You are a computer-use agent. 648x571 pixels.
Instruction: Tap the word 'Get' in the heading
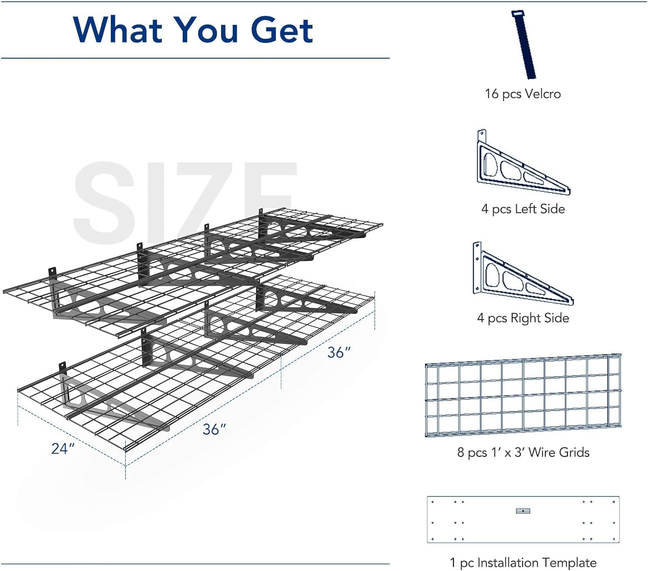[x=282, y=30]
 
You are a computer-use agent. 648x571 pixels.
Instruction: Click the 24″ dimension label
[x=63, y=448]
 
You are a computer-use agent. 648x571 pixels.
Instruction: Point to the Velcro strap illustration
[x=524, y=45]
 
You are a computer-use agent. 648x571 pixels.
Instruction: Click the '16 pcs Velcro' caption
[x=523, y=94]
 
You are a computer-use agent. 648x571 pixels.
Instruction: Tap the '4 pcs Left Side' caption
[x=523, y=209]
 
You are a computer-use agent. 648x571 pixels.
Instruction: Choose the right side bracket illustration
[x=523, y=273]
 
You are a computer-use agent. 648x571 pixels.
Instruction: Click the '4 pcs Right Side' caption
[x=523, y=318]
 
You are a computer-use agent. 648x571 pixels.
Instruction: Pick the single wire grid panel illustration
[x=523, y=395]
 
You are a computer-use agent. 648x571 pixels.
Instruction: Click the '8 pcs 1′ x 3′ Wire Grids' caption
[x=523, y=452]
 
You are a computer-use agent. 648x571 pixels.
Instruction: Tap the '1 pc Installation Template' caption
[x=523, y=562]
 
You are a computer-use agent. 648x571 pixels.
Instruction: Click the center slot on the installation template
[x=523, y=511]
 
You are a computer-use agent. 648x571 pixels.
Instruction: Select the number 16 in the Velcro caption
[x=492, y=94]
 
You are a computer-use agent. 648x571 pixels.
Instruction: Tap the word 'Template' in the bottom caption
[x=570, y=562]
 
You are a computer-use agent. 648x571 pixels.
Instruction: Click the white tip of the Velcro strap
[x=518, y=13]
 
